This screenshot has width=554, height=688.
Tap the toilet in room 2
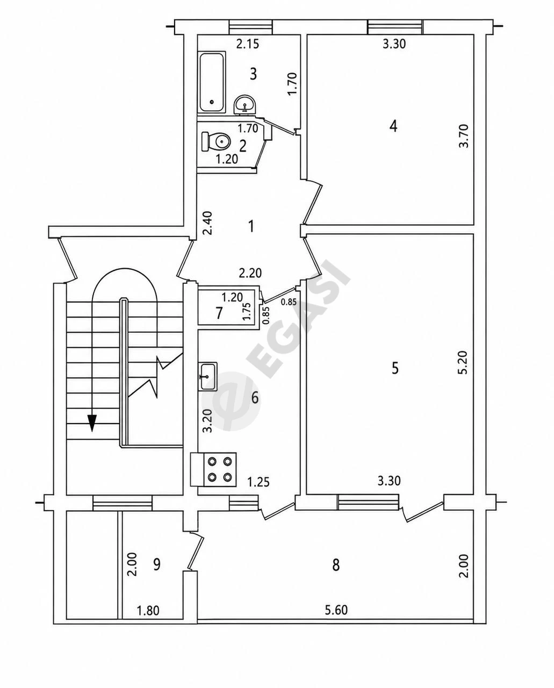(215, 141)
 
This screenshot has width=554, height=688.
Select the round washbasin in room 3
(245, 105)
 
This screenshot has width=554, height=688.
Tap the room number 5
(395, 368)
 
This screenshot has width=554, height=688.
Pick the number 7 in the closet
(219, 313)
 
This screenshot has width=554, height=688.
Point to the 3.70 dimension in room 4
(464, 135)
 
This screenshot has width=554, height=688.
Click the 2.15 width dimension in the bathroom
(247, 44)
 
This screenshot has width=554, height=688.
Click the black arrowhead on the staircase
(92, 423)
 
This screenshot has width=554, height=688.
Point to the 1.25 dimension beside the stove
(258, 491)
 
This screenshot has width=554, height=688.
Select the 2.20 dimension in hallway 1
(250, 273)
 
